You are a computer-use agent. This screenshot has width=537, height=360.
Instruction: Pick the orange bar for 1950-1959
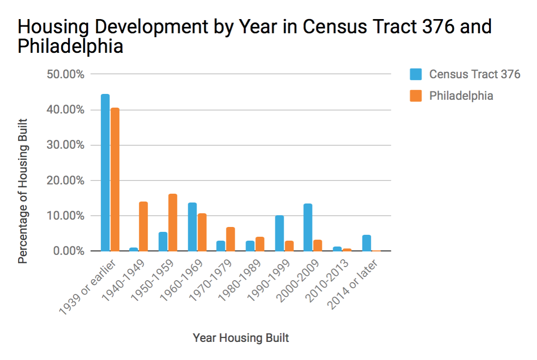(x=173, y=223)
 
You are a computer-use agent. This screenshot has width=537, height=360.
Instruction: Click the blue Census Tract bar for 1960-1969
(x=192, y=227)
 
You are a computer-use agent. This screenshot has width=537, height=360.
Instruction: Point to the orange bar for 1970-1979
(x=230, y=239)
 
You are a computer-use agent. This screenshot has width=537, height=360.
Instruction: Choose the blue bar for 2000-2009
(x=308, y=227)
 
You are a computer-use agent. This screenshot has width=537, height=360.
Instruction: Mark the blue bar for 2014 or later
(x=366, y=243)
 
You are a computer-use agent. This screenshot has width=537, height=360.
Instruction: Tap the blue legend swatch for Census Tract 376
(x=416, y=74)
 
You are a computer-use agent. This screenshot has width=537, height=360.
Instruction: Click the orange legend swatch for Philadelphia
(x=416, y=96)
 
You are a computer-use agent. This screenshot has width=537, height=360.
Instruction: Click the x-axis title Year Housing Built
(x=241, y=338)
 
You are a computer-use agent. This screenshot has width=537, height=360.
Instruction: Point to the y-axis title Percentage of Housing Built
(x=23, y=191)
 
